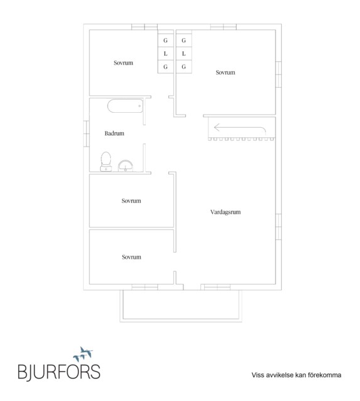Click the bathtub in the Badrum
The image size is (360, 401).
[125, 106]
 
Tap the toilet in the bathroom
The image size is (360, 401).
[106, 162]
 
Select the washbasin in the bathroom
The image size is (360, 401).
[125, 166]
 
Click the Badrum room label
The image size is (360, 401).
[114, 133]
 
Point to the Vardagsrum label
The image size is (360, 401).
[225, 212]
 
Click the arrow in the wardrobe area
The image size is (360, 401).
[240, 128]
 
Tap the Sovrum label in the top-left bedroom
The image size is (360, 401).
[123, 63]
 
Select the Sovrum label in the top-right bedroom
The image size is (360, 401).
[225, 73]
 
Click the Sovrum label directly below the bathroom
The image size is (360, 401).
[131, 200]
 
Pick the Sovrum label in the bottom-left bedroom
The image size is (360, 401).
[131, 257]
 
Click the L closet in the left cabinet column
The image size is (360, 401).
[165, 53]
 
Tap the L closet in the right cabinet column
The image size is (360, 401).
[183, 53]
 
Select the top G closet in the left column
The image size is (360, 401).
[165, 40]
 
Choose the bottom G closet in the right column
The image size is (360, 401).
[183, 67]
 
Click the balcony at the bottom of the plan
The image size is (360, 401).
[181, 306]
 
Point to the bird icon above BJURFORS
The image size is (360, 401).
[83, 353]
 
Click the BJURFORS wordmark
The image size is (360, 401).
[59, 372]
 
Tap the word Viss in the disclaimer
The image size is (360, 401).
[257, 375]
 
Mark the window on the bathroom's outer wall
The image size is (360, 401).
[86, 133]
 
